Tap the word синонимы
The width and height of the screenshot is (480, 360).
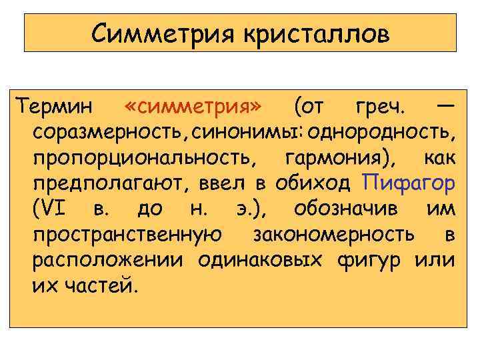pos(245,133)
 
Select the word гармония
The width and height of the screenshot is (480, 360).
pos(339,159)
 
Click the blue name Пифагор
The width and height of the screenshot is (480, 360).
pos(409,184)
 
